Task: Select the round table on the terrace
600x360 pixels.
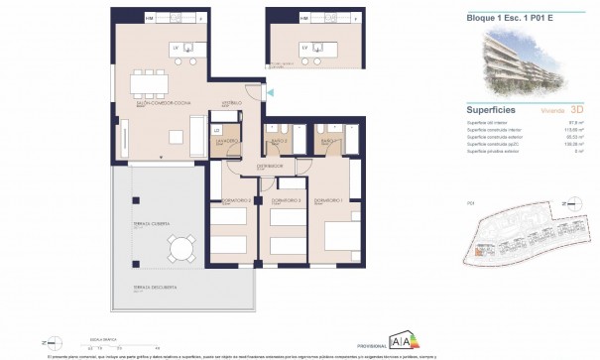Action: tap(180, 246)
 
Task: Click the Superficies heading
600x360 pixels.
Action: tap(489, 110)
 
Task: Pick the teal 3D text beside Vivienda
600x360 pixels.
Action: tap(579, 111)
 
